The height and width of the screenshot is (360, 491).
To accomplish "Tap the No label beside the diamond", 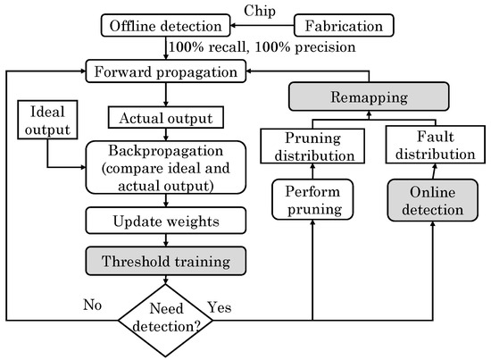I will coord(93,303).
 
